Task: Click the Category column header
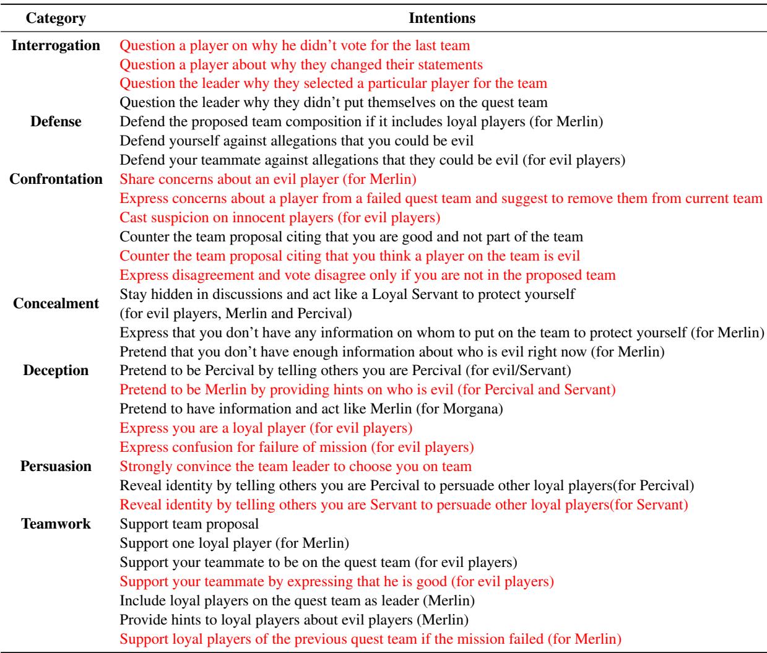tap(55, 19)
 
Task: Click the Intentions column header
tap(443, 19)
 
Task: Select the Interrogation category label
tap(56, 45)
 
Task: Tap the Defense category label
tap(56, 121)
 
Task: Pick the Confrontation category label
tap(56, 179)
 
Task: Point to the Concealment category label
tap(56, 303)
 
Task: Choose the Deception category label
tap(56, 371)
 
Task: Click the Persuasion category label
tap(56, 466)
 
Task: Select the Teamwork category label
tap(56, 524)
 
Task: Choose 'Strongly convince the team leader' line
tap(295, 467)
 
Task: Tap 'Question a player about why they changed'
tap(301, 64)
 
